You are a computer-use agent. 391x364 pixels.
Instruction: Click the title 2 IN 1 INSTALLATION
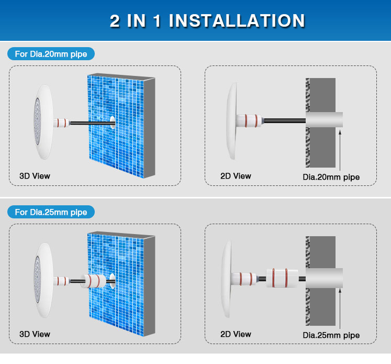207,20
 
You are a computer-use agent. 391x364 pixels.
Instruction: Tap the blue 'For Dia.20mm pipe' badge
51,54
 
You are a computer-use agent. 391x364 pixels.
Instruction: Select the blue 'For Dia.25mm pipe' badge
51,212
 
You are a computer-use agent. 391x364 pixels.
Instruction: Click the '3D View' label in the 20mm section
35,176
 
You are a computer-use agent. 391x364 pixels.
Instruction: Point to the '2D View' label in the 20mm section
236,176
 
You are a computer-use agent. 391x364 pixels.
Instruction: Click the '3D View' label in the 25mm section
35,334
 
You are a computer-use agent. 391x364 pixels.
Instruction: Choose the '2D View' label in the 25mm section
236,334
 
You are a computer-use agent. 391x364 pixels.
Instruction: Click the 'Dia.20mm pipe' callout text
331,177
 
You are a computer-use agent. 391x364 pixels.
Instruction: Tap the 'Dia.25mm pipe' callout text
331,335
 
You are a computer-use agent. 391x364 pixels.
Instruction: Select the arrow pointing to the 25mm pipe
340,308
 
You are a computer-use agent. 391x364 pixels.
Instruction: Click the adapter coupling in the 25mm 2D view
282,278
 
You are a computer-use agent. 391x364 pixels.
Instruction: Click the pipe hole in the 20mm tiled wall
113,122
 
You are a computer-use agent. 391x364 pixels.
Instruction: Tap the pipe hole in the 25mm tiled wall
113,281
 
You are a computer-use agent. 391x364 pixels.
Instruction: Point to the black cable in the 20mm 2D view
285,121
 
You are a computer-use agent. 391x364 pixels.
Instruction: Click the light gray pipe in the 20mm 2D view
324,119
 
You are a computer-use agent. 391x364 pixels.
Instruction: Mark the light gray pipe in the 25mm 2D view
324,278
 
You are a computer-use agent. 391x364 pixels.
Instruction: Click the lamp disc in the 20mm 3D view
43,122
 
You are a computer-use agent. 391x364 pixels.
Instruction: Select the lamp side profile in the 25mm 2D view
227,279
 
